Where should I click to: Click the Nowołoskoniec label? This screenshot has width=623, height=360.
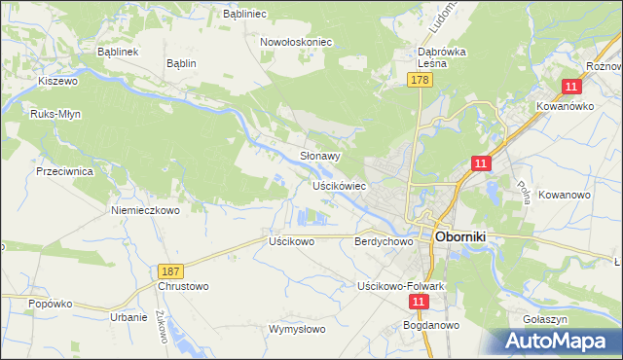click(x=297, y=43)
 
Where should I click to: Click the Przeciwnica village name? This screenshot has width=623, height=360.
click(x=63, y=170)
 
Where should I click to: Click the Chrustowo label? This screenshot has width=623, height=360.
click(x=183, y=287)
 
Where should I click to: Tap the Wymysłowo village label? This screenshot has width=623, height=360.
click(x=297, y=329)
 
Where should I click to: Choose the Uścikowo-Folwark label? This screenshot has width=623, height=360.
click(x=401, y=286)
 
